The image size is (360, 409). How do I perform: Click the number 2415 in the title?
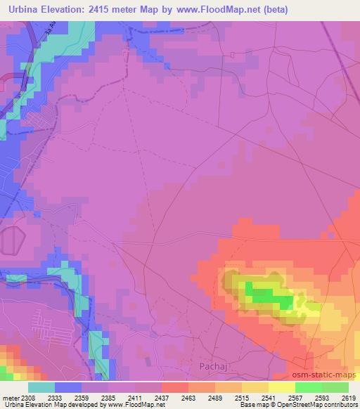pyautogui.click(x=105, y=11)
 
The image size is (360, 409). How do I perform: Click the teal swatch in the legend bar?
pyautogui.click(x=41, y=387)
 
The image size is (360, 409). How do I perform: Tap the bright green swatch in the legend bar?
pyautogui.click(x=308, y=387)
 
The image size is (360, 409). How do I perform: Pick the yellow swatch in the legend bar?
pyautogui.click(x=281, y=387)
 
